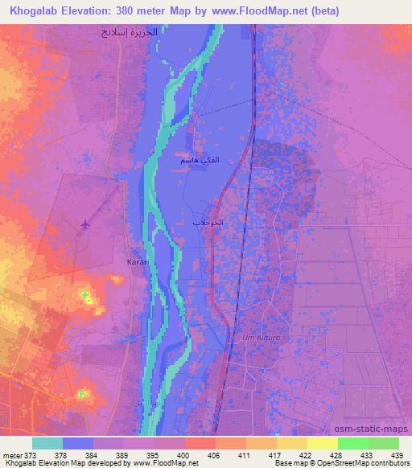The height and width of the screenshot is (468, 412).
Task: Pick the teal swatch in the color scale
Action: click(47, 443)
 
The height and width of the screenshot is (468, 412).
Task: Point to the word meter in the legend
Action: click(11, 454)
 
